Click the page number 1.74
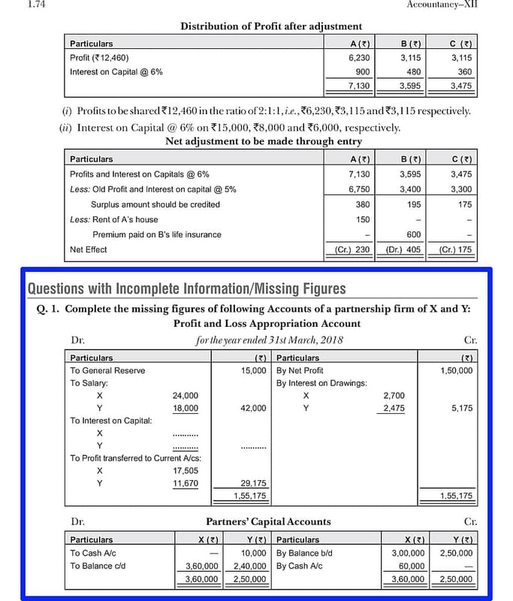point(15,5)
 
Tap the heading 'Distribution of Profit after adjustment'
point(271,26)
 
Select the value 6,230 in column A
point(359,57)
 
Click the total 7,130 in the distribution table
point(359,86)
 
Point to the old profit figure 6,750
point(359,189)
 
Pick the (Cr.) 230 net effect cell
point(352,249)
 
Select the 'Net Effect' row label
point(89,249)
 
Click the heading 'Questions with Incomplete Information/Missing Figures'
point(187,288)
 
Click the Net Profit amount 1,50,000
point(457,370)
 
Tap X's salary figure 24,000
point(186,395)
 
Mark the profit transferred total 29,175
point(254,483)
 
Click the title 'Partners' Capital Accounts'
point(268,521)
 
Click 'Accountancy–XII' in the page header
point(442,5)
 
